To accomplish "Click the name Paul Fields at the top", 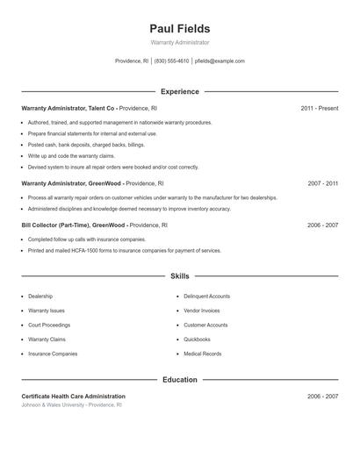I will coord(179,29).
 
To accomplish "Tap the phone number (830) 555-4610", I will coord(171,61).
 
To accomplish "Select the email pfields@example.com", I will coord(220,61).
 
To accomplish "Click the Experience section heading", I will coord(180,91).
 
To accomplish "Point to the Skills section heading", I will coord(180,275).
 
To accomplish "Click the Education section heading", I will coord(180,380).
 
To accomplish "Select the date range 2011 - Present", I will coord(319,108).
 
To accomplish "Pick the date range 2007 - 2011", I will coord(322,184).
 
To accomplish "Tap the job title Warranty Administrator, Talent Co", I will coord(68,108).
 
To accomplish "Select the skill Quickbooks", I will coord(197,340).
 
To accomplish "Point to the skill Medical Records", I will coord(202,354).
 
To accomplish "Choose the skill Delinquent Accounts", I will coord(206,297).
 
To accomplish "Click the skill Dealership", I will coord(40,297).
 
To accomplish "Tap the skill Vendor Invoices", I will coord(202,311).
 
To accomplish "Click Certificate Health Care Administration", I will coord(73,397).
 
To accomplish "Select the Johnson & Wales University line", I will coord(71,405).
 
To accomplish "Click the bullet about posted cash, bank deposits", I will coord(86,145).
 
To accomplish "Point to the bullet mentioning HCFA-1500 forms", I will coord(125,251).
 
